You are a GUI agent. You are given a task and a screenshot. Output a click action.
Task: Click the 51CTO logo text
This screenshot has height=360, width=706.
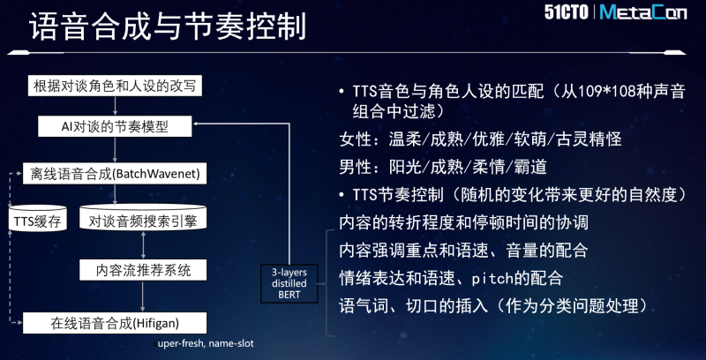[x=566, y=12]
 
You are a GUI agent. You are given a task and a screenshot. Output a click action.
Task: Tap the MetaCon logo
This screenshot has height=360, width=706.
[x=643, y=12]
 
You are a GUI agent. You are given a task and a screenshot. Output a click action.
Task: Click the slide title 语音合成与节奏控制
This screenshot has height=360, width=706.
[x=168, y=26]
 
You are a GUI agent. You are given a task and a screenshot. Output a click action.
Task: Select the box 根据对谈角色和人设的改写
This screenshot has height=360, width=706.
[x=115, y=86]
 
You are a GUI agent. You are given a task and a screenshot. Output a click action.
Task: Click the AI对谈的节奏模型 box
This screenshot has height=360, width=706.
[x=115, y=126]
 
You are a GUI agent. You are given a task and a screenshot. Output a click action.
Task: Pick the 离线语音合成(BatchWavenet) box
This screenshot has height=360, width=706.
[x=115, y=174]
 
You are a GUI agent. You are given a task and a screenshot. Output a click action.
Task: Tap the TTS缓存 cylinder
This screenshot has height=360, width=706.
[x=38, y=219]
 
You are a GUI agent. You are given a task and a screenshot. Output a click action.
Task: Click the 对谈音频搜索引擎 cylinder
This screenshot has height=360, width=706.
[x=143, y=218]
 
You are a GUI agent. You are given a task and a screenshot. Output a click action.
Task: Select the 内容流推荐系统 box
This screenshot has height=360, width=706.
[x=143, y=270]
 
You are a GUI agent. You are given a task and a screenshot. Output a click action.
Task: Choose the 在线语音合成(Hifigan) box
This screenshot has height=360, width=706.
[x=115, y=323]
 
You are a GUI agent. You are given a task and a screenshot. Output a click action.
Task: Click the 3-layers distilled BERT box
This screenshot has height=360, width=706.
[x=289, y=283]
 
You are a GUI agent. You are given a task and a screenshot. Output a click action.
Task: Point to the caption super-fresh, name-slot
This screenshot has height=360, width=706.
[x=204, y=344]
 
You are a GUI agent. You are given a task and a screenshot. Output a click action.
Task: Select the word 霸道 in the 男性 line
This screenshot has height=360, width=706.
[x=531, y=168]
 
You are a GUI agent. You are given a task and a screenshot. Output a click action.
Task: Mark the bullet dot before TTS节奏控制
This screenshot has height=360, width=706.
[x=342, y=194]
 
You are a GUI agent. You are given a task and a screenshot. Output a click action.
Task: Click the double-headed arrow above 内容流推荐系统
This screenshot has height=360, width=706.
[x=143, y=245]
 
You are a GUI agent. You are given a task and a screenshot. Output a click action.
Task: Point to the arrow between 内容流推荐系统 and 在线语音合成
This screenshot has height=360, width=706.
[x=143, y=296]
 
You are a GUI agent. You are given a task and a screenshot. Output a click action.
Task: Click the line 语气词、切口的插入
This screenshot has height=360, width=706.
[x=413, y=306]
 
